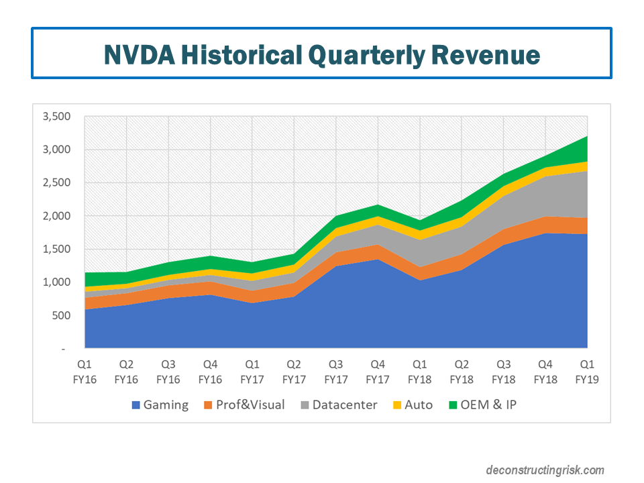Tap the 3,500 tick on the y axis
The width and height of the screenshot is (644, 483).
(x=56, y=117)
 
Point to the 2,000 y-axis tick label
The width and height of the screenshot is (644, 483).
(x=56, y=216)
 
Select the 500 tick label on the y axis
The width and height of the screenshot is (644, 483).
(x=60, y=315)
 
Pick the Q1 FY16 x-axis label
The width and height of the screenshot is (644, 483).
(x=84, y=372)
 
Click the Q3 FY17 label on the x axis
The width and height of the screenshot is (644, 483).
(x=336, y=372)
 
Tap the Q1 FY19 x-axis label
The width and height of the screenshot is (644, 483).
(x=588, y=372)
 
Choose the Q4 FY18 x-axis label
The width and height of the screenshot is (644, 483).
(x=546, y=372)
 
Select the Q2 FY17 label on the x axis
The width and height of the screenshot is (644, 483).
(x=294, y=372)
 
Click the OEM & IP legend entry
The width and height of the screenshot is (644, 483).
(x=485, y=405)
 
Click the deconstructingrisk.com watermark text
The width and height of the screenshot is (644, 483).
(x=545, y=470)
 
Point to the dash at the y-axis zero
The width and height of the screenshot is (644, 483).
(x=64, y=349)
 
